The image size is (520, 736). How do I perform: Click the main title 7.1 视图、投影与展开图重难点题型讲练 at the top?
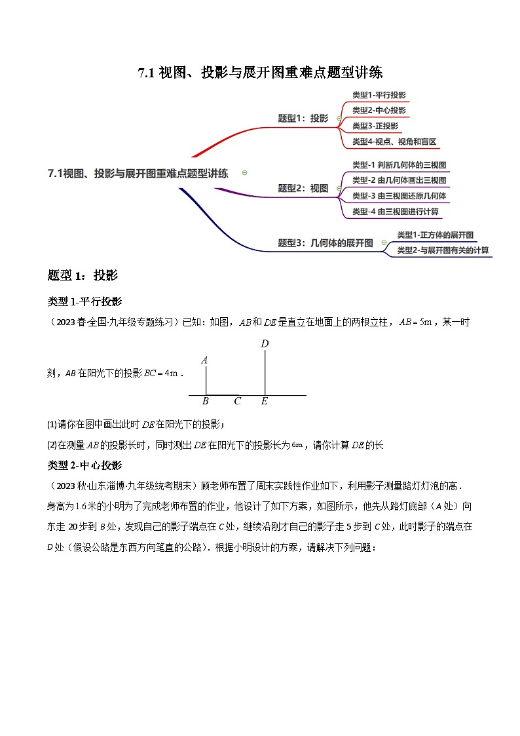[x=260, y=73]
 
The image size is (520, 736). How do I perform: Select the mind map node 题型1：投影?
[x=303, y=119]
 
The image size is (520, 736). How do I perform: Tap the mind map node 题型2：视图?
[x=303, y=188]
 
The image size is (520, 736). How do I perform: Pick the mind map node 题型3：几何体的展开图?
[x=325, y=242]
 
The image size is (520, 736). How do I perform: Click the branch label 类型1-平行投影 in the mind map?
[x=379, y=94]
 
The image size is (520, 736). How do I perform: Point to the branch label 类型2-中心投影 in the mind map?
[x=379, y=110]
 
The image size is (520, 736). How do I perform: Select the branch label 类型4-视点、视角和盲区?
[x=394, y=142]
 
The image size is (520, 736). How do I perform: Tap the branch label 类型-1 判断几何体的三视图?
[x=399, y=165]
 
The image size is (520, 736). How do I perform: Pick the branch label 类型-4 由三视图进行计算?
[x=395, y=212]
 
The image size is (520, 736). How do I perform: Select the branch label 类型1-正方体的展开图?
[x=435, y=235]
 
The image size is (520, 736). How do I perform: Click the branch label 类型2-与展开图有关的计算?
[x=443, y=250]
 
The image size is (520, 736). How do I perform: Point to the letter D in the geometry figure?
[x=265, y=343]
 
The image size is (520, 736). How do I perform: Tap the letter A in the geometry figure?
[x=205, y=360]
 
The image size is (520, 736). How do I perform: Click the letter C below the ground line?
[x=237, y=402]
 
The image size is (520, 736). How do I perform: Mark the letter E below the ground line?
[x=264, y=402]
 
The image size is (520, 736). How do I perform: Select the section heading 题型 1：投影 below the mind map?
[x=83, y=275]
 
